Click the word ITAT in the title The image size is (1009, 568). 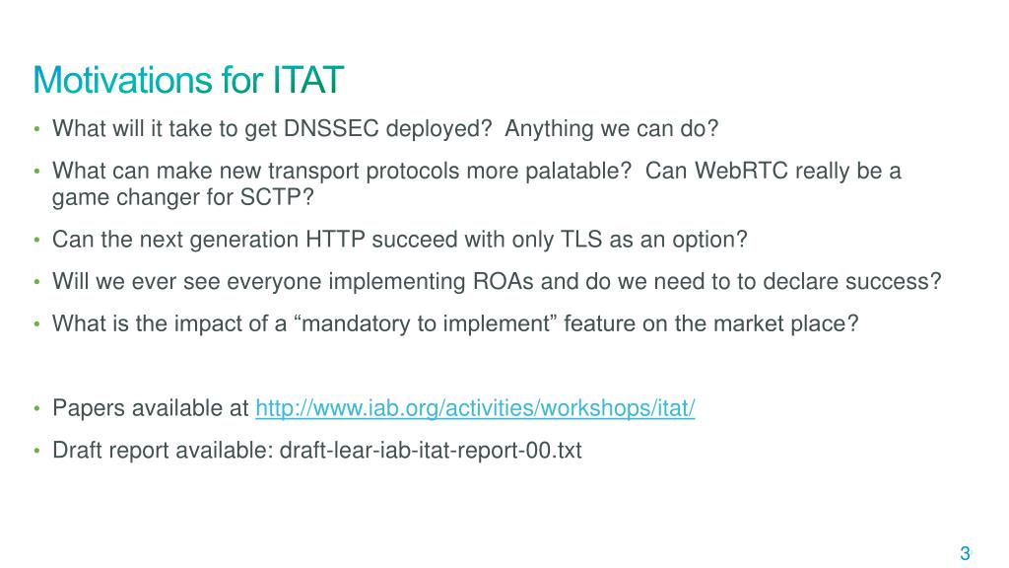coord(308,80)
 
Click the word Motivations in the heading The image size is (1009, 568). coord(122,80)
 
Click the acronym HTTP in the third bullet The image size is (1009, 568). coord(335,240)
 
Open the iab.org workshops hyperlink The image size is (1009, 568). coord(475,408)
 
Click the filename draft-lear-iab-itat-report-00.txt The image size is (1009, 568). coord(431,450)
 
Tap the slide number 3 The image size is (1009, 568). coord(965,553)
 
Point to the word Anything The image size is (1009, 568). coord(549,129)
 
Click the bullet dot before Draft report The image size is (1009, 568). coord(36,451)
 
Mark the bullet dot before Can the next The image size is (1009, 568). coord(36,241)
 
